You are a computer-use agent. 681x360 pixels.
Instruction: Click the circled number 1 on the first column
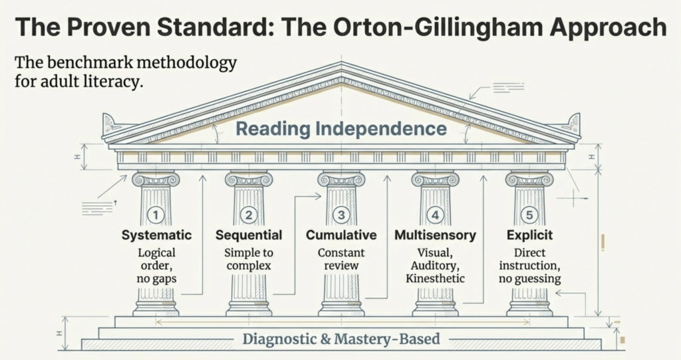click(x=155, y=215)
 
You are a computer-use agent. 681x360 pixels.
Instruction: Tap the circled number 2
click(x=249, y=215)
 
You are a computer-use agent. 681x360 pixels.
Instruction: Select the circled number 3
click(x=341, y=215)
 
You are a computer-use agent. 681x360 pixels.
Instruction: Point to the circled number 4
click(x=435, y=215)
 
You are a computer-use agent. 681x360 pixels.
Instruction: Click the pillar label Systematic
click(x=156, y=236)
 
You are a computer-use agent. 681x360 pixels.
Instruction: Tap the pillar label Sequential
click(x=249, y=236)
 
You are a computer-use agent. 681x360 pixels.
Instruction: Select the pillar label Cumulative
click(x=341, y=236)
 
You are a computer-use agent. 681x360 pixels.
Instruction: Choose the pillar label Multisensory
click(x=436, y=236)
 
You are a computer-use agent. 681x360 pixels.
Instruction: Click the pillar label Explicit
click(x=529, y=236)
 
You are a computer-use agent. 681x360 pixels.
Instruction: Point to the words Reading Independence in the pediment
click(x=341, y=128)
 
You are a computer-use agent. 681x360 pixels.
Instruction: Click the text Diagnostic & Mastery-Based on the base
click(x=341, y=339)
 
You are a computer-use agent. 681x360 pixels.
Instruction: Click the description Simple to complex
click(x=249, y=260)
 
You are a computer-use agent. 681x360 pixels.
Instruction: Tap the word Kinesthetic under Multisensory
click(x=436, y=278)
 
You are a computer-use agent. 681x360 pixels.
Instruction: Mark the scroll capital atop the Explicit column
click(x=529, y=179)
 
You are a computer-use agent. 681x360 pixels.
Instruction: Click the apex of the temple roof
click(x=341, y=65)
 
